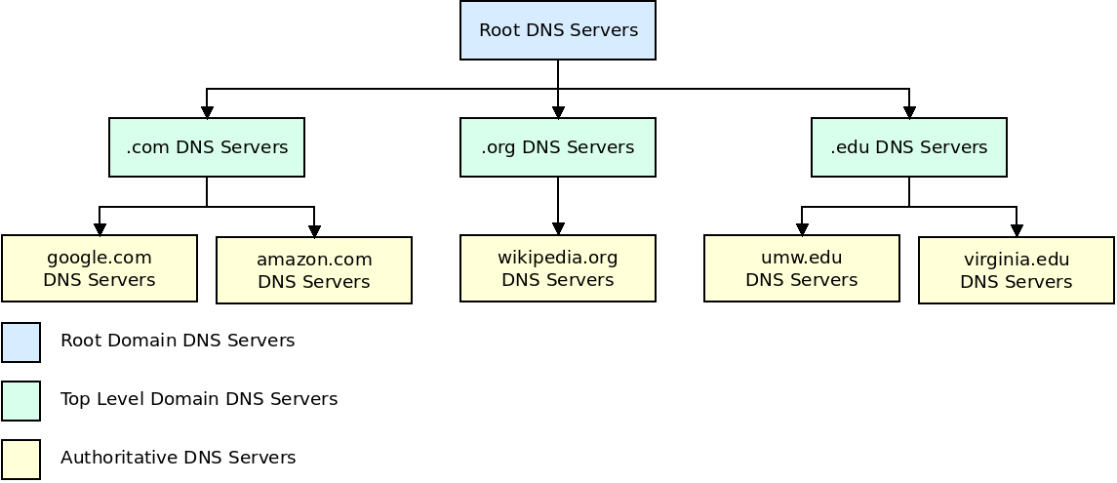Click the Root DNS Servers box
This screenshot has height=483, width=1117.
click(x=558, y=30)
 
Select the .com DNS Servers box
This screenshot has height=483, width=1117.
click(x=207, y=147)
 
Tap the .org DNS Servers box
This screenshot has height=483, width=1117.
click(x=558, y=147)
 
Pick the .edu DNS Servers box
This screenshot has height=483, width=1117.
click(x=909, y=147)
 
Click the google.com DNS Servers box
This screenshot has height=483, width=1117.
click(x=100, y=268)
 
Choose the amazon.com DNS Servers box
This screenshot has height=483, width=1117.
click(x=314, y=270)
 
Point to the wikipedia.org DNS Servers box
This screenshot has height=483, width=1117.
click(x=558, y=268)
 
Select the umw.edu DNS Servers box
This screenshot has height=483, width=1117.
click(x=802, y=268)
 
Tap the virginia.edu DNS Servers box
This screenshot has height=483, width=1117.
click(x=1017, y=270)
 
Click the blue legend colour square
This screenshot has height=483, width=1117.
click(x=20, y=342)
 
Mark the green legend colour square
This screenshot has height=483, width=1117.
click(x=20, y=401)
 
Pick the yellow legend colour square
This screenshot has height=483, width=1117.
click(x=20, y=460)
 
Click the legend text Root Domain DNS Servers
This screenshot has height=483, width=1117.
click(x=178, y=341)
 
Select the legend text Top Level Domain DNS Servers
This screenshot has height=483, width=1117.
click(x=199, y=399)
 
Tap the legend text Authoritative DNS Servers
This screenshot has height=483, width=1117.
click(x=178, y=458)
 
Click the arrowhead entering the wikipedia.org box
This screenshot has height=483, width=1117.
click(x=558, y=228)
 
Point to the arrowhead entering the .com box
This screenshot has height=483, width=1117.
click(x=207, y=112)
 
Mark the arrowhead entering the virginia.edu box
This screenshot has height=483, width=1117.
click(x=1017, y=230)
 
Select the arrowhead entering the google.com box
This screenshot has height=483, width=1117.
click(x=100, y=228)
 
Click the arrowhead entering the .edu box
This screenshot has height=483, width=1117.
click(x=909, y=112)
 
